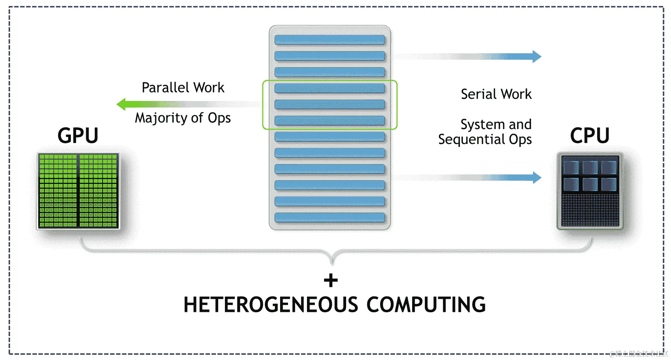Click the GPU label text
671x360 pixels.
(x=78, y=135)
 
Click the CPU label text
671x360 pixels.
(x=590, y=135)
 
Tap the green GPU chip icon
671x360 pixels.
(x=78, y=191)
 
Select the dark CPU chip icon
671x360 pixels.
(x=590, y=191)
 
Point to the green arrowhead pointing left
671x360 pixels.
(x=122, y=104)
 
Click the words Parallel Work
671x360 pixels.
(x=183, y=88)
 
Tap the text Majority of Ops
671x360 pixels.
(x=183, y=118)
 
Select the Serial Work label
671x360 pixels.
(x=496, y=94)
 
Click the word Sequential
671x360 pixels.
(x=471, y=140)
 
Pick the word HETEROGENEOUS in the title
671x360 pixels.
(x=271, y=305)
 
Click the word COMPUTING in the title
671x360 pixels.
(x=426, y=305)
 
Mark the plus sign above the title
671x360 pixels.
(x=331, y=281)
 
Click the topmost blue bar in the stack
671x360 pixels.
(x=330, y=40)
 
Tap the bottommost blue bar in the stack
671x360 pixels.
(x=330, y=217)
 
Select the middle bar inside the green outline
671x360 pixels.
(x=330, y=104)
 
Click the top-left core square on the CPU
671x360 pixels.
(x=571, y=168)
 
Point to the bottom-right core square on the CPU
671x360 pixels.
(x=609, y=184)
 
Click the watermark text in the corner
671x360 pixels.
(x=639, y=354)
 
